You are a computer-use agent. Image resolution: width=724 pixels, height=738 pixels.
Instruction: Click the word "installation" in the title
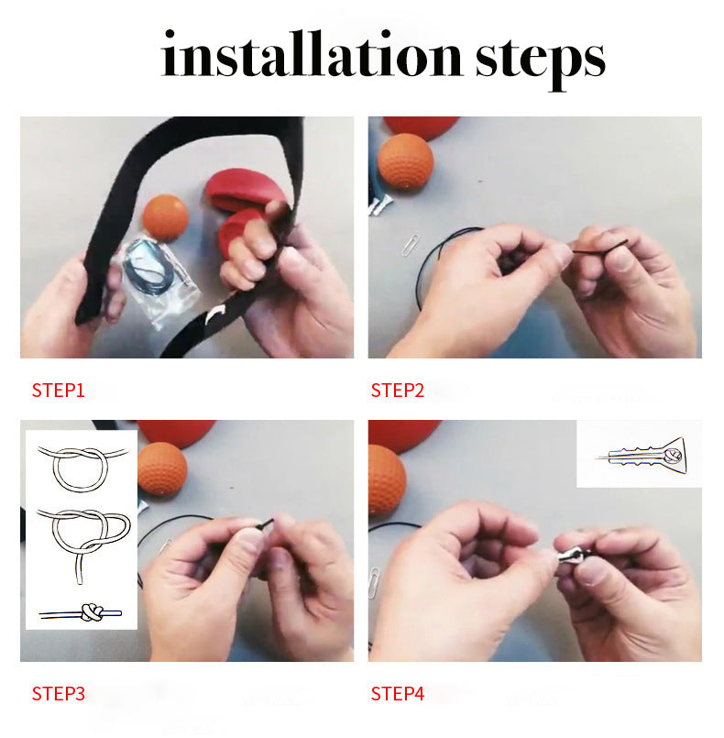click(312, 54)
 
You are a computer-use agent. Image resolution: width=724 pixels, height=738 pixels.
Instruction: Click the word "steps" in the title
click(540, 61)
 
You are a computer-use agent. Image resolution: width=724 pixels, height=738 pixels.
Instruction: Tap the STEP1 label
click(59, 391)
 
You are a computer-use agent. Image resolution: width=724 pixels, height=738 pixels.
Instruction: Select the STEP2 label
click(398, 391)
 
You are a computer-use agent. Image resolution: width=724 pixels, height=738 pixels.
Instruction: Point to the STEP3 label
click(59, 694)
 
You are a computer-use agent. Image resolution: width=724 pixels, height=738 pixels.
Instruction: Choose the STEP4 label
click(398, 694)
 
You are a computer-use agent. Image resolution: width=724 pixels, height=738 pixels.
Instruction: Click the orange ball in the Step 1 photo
click(165, 217)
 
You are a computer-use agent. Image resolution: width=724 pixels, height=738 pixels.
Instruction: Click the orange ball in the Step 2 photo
click(405, 161)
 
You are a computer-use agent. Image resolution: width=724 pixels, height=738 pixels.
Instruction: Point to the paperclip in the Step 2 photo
click(411, 245)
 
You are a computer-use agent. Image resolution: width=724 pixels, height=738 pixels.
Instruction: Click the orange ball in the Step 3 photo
click(162, 468)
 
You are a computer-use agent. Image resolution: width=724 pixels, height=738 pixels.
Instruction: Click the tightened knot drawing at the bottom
click(81, 612)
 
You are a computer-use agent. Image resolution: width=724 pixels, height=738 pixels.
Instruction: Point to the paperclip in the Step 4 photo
click(374, 583)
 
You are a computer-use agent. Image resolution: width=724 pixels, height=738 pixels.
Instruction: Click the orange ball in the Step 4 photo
click(387, 480)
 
